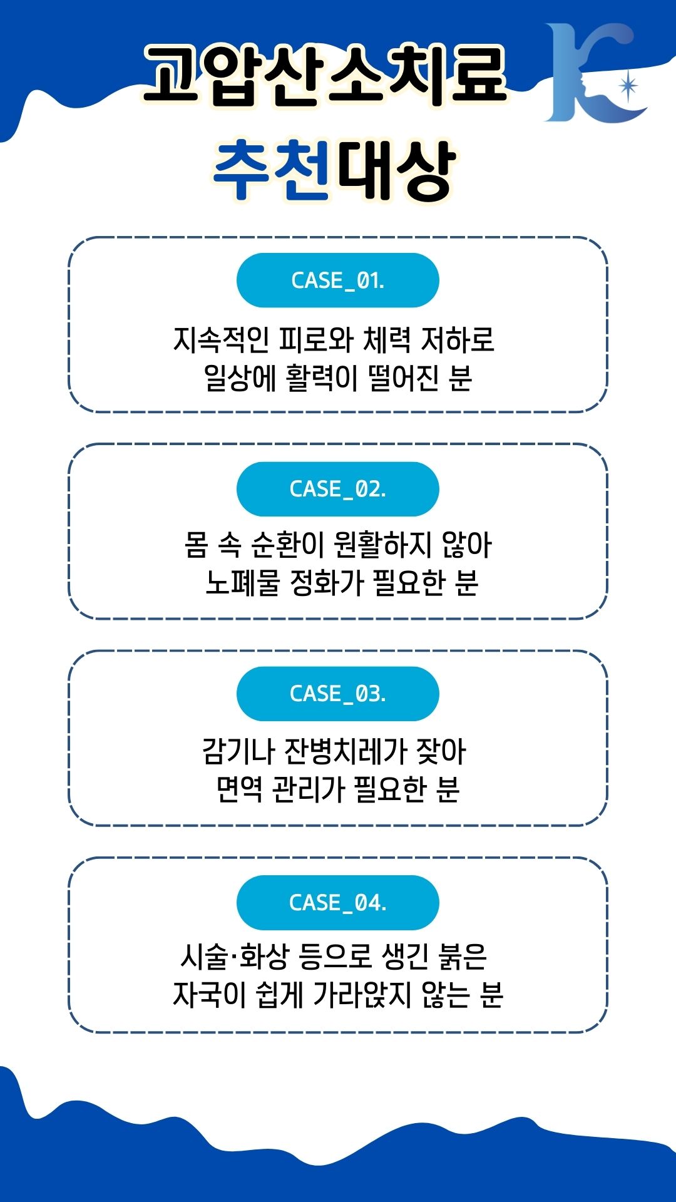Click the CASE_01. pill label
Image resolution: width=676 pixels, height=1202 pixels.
(x=337, y=280)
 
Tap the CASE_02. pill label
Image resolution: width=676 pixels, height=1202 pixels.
(x=337, y=489)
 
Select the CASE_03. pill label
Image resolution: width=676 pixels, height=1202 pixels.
(x=337, y=694)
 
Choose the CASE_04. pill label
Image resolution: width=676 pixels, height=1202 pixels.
(x=337, y=903)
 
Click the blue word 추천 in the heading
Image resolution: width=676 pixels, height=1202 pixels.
(x=271, y=170)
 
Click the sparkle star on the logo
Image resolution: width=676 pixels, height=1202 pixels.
(x=628, y=86)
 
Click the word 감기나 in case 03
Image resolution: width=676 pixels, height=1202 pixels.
(x=238, y=751)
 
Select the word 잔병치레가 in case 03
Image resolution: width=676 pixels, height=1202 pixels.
(x=346, y=751)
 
